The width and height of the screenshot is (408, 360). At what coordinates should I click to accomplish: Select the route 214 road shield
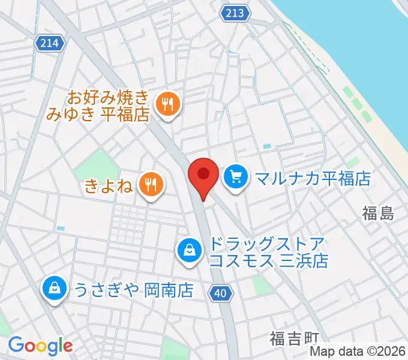(x=50, y=43)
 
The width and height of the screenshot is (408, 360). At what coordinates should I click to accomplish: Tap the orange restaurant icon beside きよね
(x=149, y=184)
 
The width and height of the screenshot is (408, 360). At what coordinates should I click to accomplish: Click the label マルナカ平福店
(x=313, y=178)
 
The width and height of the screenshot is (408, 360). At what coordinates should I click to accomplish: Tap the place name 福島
(x=378, y=213)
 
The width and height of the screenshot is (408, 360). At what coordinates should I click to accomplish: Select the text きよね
(x=108, y=185)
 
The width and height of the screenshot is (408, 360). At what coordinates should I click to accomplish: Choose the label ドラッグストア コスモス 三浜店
(x=268, y=253)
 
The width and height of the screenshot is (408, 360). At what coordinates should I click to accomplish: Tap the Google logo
(x=40, y=345)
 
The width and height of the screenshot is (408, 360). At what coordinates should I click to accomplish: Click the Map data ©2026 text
(x=358, y=352)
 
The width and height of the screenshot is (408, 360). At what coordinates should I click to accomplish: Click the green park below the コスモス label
(x=262, y=284)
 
